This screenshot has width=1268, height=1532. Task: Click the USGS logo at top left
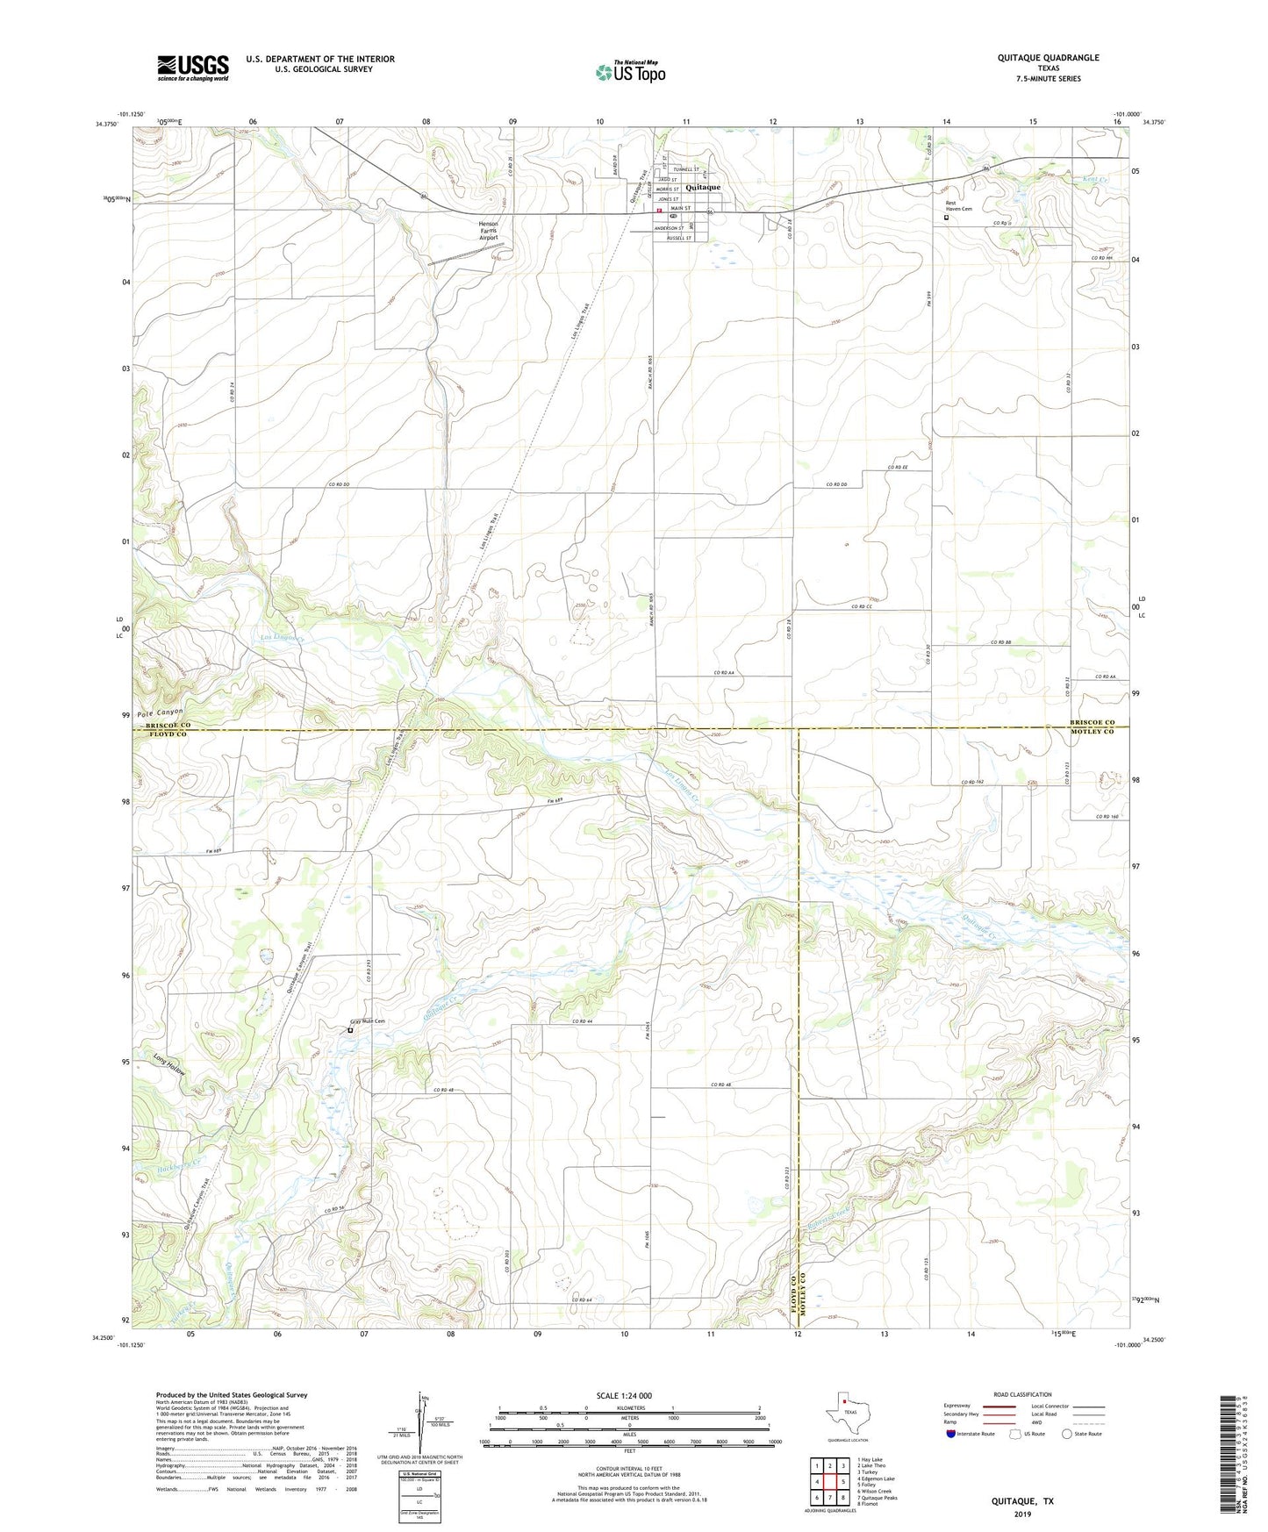pyautogui.click(x=193, y=68)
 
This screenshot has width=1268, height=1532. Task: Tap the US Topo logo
pyautogui.click(x=630, y=72)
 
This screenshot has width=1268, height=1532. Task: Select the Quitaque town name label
pyautogui.click(x=703, y=187)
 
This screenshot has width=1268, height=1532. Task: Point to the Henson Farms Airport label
pyautogui.click(x=489, y=230)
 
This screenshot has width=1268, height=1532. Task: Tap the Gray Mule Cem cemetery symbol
pyautogui.click(x=350, y=1031)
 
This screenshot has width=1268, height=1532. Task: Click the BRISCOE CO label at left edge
pyautogui.click(x=167, y=726)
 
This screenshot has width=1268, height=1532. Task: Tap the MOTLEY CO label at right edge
pyautogui.click(x=1092, y=732)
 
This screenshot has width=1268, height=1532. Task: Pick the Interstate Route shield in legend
pyautogui.click(x=952, y=1434)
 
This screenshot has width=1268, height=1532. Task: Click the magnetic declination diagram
pyautogui.click(x=425, y=1420)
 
